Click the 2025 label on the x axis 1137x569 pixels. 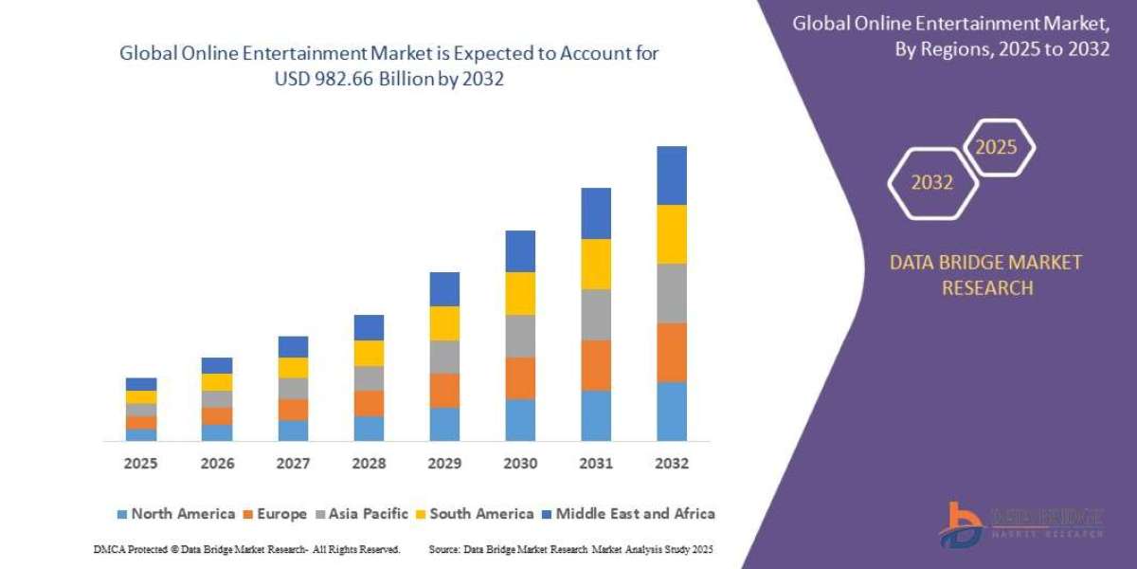point(140,464)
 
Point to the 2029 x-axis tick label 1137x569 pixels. point(444,464)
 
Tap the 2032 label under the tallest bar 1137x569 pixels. point(671,464)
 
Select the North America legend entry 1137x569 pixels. point(175,514)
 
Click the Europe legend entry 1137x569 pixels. point(276,514)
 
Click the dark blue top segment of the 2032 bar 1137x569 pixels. point(671,175)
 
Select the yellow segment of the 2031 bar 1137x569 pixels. point(596,264)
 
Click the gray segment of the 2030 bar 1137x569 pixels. point(520,336)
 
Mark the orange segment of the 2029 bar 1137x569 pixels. point(444,391)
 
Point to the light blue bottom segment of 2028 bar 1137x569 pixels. point(369,429)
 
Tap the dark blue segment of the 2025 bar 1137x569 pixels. point(141,384)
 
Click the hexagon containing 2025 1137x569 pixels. point(998,147)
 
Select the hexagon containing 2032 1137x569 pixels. point(932,182)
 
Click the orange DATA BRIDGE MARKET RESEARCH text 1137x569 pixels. point(985,275)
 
